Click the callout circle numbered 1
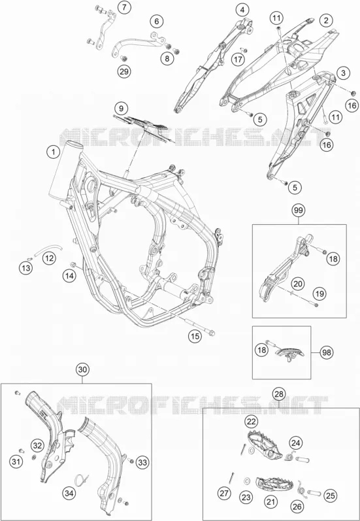pos(52,152)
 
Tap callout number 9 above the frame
pos(122,109)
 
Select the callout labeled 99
pos(299,210)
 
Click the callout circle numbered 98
pos(327,352)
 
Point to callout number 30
pos(82,369)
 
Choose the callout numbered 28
pos(279,394)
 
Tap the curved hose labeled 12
pos(48,248)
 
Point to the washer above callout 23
pos(247,480)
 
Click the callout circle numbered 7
pos(124,7)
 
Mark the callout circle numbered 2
pos(327,21)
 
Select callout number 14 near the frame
pos(69,276)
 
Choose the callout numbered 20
pos(298,284)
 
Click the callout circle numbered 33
pos(142,462)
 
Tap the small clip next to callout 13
pos(29,260)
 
